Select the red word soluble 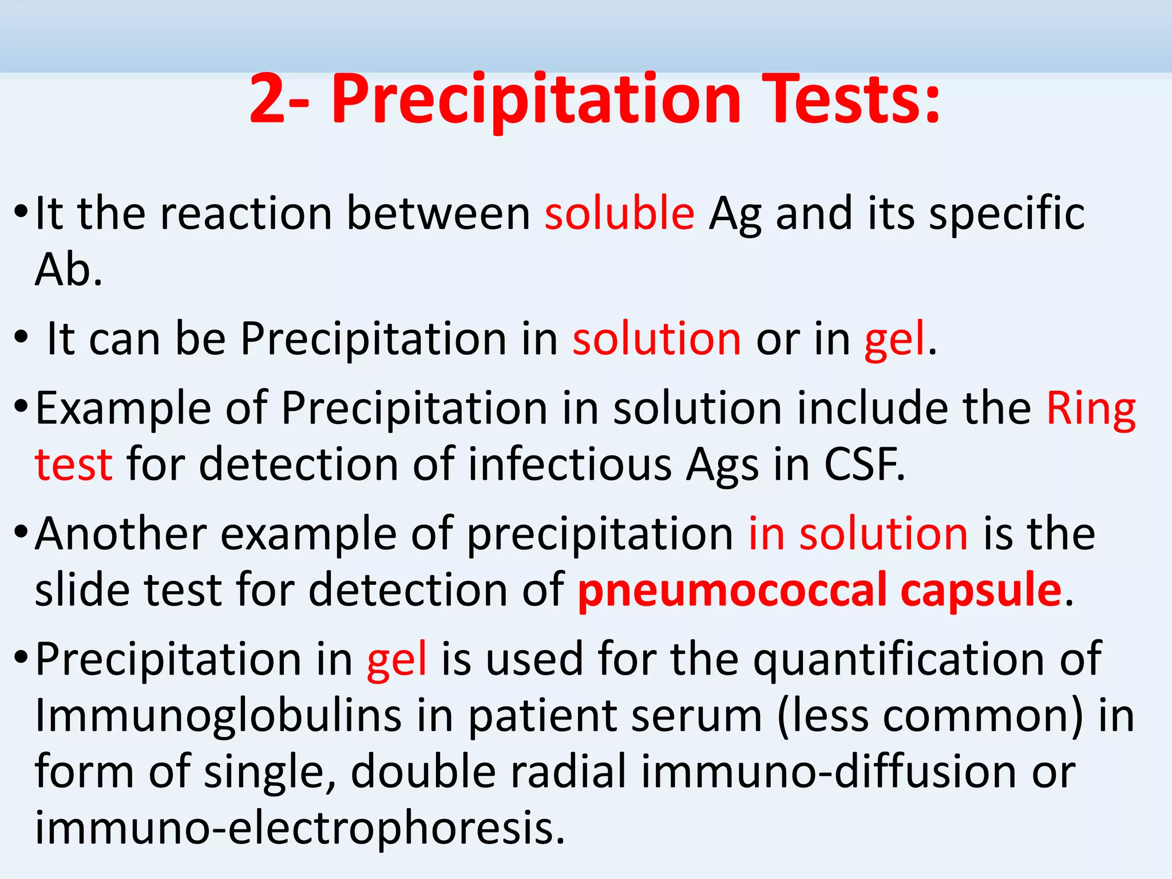coord(619,213)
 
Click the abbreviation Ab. coord(68,270)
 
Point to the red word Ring coord(1091,409)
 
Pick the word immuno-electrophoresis coord(299,828)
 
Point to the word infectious coord(569,464)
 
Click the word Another coord(120,533)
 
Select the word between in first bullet coord(438,213)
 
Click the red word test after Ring coord(73,464)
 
